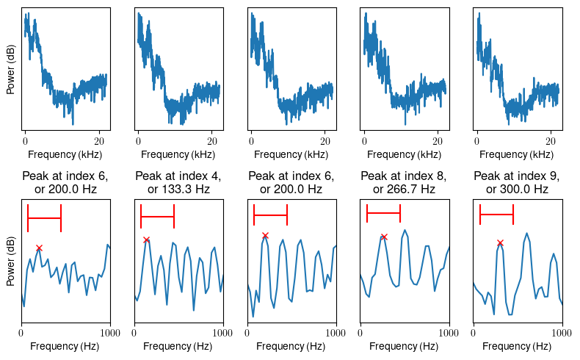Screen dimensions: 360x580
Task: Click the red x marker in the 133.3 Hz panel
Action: click(x=147, y=240)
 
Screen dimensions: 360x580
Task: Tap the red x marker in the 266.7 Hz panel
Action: click(x=384, y=237)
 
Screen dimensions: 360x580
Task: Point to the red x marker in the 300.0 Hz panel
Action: click(x=500, y=242)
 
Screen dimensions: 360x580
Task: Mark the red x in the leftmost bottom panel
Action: click(x=39, y=248)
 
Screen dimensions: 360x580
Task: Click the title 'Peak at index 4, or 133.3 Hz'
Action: click(x=178, y=182)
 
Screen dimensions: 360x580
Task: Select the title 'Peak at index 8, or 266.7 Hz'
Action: click(x=405, y=182)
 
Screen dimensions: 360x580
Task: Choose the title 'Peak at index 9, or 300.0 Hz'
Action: click(x=518, y=182)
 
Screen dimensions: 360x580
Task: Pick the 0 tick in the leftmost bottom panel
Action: click(x=22, y=334)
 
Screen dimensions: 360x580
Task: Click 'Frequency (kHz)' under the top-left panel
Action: click(x=65, y=155)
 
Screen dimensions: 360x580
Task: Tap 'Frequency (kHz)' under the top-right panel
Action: click(x=518, y=155)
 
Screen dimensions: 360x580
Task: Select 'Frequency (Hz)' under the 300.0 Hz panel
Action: click(x=518, y=347)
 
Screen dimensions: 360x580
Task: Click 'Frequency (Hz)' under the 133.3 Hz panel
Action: click(x=178, y=347)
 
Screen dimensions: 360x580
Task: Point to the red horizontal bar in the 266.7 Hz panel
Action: click(x=383, y=213)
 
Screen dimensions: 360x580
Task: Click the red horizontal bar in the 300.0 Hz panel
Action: click(x=496, y=215)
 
